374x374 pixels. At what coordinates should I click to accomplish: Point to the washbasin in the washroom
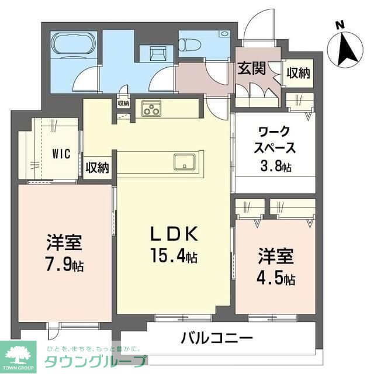[157, 54]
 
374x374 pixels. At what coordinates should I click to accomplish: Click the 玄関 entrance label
[251, 69]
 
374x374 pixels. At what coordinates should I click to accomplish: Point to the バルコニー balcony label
[216, 338]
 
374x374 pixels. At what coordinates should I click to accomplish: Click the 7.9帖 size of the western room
[65, 265]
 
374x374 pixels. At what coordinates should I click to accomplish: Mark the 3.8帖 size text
[276, 167]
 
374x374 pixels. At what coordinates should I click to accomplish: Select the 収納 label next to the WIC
[98, 167]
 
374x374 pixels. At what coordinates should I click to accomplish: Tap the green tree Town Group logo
[19, 353]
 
